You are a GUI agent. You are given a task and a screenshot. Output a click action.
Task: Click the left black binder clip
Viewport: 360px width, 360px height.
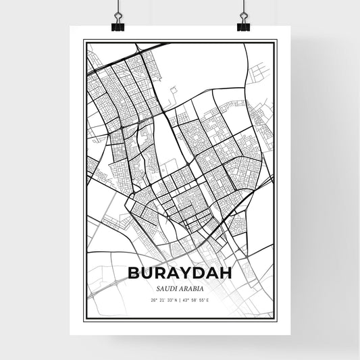pyautogui.click(x=118, y=26)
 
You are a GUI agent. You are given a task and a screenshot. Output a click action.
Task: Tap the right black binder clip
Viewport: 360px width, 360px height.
pyautogui.click(x=242, y=26)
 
